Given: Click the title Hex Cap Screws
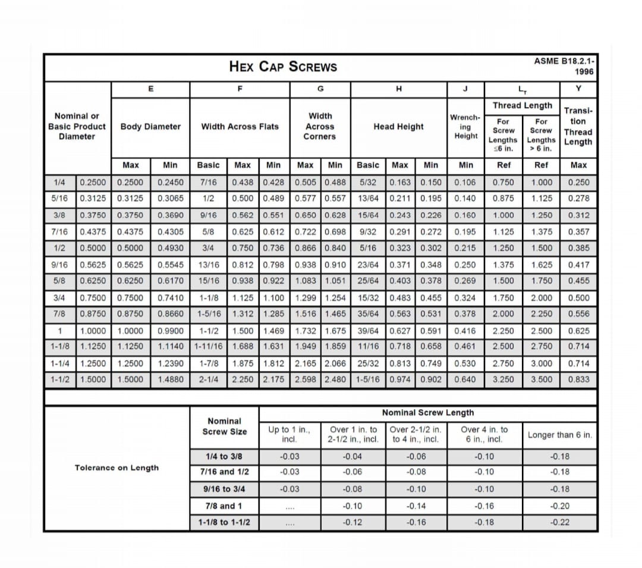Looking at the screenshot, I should (283, 66).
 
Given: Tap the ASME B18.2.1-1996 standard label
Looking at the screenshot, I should (565, 66).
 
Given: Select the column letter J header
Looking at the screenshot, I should (465, 89).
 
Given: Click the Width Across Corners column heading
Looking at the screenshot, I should (320, 126).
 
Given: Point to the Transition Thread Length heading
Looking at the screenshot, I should (578, 126).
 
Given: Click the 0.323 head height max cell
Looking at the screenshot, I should (400, 248).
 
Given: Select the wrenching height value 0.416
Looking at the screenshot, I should (465, 331).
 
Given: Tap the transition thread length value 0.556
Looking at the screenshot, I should (578, 314).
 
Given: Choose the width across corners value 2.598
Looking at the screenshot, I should (306, 379).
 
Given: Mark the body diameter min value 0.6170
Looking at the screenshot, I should (171, 281).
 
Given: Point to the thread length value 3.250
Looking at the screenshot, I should (503, 379).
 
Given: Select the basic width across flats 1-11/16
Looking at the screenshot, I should (208, 346).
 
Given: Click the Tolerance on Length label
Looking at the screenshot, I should (117, 467).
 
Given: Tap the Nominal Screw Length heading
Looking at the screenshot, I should (427, 412).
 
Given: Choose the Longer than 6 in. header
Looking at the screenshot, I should (559, 435).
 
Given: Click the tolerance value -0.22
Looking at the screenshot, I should (559, 522).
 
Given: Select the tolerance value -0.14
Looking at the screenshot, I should (416, 506).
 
